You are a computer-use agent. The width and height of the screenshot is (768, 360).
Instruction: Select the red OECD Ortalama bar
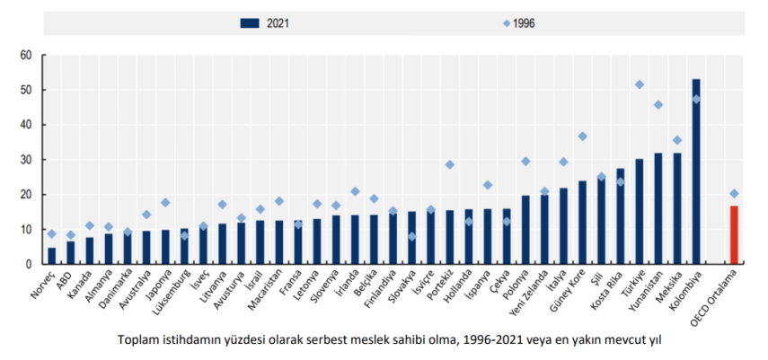click(733, 235)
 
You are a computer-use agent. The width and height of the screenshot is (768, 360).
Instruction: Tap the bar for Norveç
click(51, 256)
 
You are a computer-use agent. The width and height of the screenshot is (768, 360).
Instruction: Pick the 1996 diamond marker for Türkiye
click(640, 84)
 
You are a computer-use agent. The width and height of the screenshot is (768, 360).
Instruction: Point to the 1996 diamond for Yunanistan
click(658, 105)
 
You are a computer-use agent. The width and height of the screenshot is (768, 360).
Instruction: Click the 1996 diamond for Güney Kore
click(582, 136)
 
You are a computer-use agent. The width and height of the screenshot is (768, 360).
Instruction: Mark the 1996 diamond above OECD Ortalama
click(734, 193)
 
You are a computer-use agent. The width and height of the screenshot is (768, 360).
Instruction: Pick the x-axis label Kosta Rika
click(606, 289)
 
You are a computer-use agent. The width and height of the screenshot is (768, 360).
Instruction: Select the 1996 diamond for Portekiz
click(450, 165)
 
